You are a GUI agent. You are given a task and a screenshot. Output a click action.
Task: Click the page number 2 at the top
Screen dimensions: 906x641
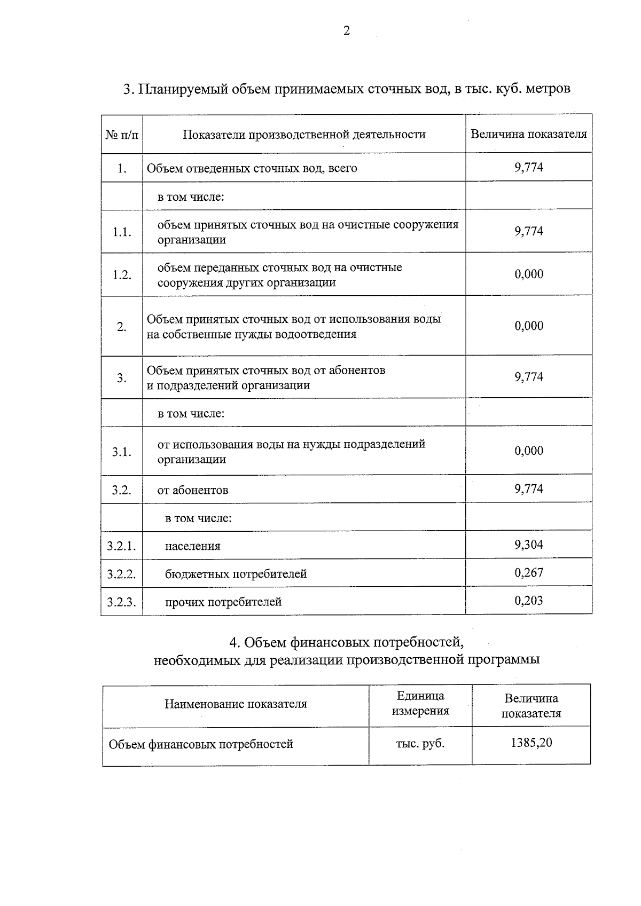(x=347, y=31)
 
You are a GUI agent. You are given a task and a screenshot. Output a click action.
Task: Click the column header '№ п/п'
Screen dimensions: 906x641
(x=122, y=134)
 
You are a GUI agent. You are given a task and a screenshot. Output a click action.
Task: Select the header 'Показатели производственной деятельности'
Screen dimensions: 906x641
(x=304, y=134)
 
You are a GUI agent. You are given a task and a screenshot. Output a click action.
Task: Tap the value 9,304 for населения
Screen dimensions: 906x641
(x=528, y=545)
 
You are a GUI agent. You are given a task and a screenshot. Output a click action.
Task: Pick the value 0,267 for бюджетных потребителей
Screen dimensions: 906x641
(x=528, y=573)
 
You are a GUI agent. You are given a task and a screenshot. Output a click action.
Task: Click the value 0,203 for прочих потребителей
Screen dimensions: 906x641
(x=528, y=601)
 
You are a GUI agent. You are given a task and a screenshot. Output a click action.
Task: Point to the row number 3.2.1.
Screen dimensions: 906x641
(x=121, y=546)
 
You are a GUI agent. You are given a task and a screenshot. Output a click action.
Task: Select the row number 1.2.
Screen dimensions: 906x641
(x=121, y=274)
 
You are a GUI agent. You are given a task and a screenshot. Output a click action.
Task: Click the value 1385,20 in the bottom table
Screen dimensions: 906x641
(x=531, y=743)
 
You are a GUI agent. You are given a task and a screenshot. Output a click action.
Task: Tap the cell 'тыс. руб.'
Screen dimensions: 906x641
(x=420, y=743)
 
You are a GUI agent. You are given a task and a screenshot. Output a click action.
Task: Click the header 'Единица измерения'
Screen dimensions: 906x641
(x=420, y=703)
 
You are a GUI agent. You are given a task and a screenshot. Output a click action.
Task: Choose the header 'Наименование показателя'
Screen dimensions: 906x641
(x=236, y=704)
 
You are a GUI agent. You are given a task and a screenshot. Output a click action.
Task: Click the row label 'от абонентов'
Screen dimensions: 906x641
(x=193, y=490)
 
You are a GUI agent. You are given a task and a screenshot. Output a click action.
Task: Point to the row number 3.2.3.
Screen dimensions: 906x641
(x=121, y=602)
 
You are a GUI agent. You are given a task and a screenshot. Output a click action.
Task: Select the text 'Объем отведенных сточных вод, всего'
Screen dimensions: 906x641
(x=252, y=168)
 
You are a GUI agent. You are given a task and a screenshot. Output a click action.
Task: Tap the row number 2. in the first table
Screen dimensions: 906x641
(x=122, y=326)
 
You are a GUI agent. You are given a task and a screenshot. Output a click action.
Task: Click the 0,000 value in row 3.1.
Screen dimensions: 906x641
(x=528, y=451)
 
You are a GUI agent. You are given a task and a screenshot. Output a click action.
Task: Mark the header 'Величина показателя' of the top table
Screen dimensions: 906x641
(x=528, y=134)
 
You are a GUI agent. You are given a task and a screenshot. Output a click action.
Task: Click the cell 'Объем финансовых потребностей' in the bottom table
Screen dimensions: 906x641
(x=201, y=744)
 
